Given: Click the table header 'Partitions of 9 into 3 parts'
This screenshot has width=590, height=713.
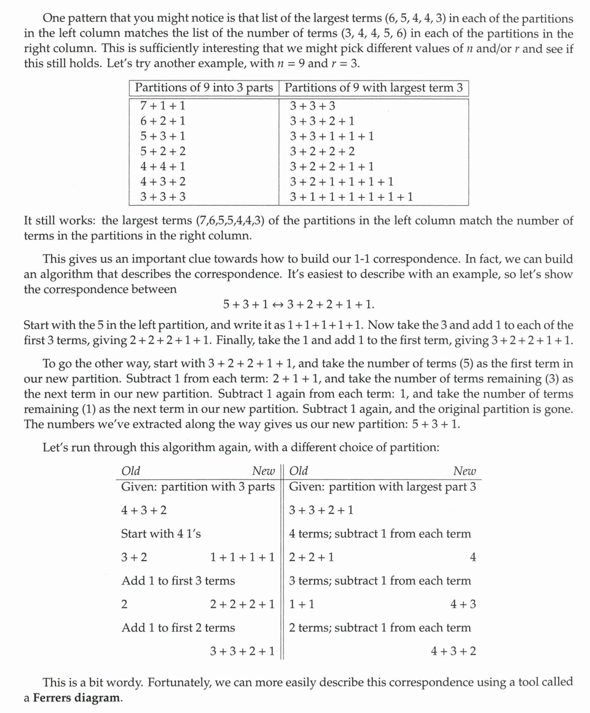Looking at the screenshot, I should click(x=204, y=88).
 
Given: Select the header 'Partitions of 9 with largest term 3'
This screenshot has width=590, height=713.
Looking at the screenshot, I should click(x=374, y=88).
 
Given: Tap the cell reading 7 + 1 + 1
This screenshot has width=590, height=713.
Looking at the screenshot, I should click(x=163, y=106).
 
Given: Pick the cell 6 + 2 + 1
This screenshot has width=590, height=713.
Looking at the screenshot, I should click(x=163, y=122).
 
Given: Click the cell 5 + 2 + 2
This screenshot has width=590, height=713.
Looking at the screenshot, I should click(x=163, y=152).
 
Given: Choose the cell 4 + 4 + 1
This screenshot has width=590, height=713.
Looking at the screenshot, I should click(x=163, y=167).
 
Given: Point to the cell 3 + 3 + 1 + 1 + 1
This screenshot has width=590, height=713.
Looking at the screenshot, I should click(x=332, y=136).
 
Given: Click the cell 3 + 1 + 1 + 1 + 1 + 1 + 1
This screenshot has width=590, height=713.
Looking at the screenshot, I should click(x=352, y=197).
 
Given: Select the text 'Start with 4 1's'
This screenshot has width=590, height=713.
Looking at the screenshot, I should click(x=161, y=534).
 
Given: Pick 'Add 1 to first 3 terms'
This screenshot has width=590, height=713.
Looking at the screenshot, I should click(x=178, y=581).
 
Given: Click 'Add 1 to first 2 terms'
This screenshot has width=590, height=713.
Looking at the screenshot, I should click(x=178, y=628).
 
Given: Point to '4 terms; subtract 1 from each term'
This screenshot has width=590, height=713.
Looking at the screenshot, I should click(x=380, y=534).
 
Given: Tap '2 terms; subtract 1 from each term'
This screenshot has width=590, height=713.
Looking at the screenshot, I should click(x=380, y=628).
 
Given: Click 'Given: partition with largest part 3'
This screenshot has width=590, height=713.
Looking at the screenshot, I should click(x=382, y=487).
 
